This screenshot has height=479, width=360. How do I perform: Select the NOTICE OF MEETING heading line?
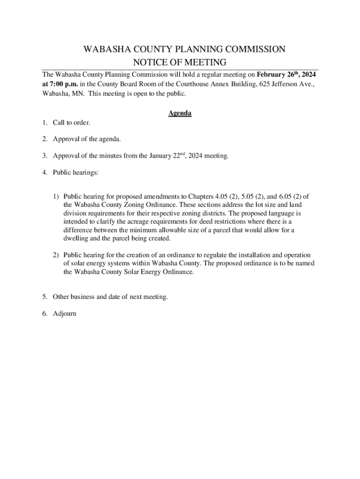(x=180, y=63)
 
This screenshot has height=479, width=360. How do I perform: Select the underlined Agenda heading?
(x=180, y=113)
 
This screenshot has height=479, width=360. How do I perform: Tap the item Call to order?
(x=71, y=123)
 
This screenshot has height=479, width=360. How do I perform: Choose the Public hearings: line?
(x=75, y=172)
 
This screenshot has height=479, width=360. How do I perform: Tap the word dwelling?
(x=77, y=239)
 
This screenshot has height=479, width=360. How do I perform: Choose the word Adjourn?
(x=64, y=313)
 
